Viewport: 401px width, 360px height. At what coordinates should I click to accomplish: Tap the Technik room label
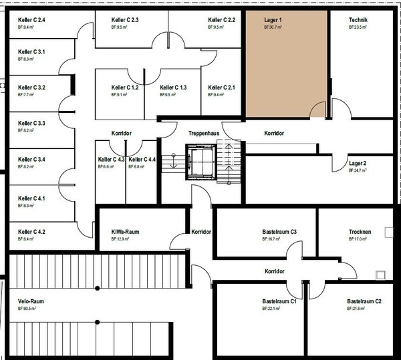click(358, 20)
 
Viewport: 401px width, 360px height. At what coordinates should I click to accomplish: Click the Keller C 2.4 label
click(31, 20)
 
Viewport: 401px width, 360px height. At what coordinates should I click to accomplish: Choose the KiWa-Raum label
click(125, 232)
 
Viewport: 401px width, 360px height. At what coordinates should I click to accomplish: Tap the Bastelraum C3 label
click(279, 232)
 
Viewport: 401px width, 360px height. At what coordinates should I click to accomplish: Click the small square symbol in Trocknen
click(380, 274)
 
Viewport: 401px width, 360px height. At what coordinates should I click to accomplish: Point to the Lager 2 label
click(358, 163)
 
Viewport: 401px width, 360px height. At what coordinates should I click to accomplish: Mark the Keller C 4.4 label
click(142, 159)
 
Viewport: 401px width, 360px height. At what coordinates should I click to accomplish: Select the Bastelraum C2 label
click(364, 301)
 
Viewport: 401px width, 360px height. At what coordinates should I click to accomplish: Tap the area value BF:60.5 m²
click(27, 309)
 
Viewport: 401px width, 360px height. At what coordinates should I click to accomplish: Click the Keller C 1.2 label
click(125, 87)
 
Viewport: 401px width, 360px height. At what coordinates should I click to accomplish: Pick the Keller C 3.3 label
click(31, 124)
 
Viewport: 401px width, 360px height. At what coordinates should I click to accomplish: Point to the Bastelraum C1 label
click(279, 301)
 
